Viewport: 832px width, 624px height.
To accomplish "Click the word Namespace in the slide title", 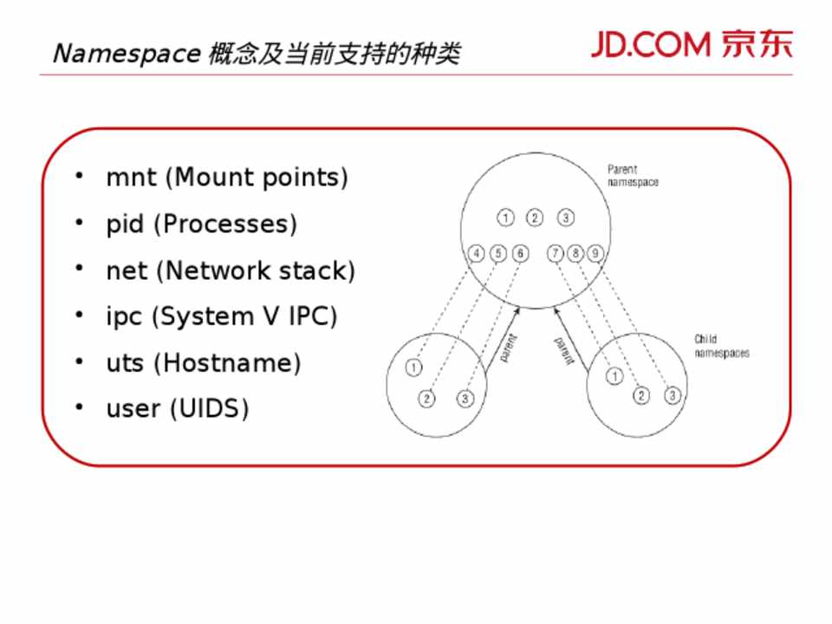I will coord(127,54).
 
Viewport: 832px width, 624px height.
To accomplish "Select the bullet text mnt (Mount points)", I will coord(227,178).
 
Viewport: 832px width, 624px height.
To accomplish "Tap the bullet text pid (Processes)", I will coord(201,224).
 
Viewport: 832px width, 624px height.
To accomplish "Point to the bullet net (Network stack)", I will coord(231,270).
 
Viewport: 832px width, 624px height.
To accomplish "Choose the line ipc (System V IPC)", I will coord(221,316).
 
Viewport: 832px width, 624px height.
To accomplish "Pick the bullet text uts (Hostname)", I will coord(203,362).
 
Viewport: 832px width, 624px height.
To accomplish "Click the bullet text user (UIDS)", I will coord(178,408).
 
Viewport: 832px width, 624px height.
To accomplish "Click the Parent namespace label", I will coord(633,176).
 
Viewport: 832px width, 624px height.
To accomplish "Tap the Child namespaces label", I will coord(721,347).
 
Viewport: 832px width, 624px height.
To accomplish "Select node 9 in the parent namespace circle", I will coord(595,253).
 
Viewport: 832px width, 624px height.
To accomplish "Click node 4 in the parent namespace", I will coord(476,253).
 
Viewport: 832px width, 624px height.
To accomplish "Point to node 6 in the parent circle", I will coord(520,253).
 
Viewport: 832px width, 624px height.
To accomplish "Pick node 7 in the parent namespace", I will coord(555,253).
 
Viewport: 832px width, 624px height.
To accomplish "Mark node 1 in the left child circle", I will coord(413,367).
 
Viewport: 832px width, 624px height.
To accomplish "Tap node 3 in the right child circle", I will coord(673,396).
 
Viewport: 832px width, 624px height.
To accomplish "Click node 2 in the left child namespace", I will coord(426,399).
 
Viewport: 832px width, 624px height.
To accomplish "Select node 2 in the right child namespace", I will coord(641,396).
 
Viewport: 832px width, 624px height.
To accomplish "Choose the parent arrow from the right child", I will coord(563,343).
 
